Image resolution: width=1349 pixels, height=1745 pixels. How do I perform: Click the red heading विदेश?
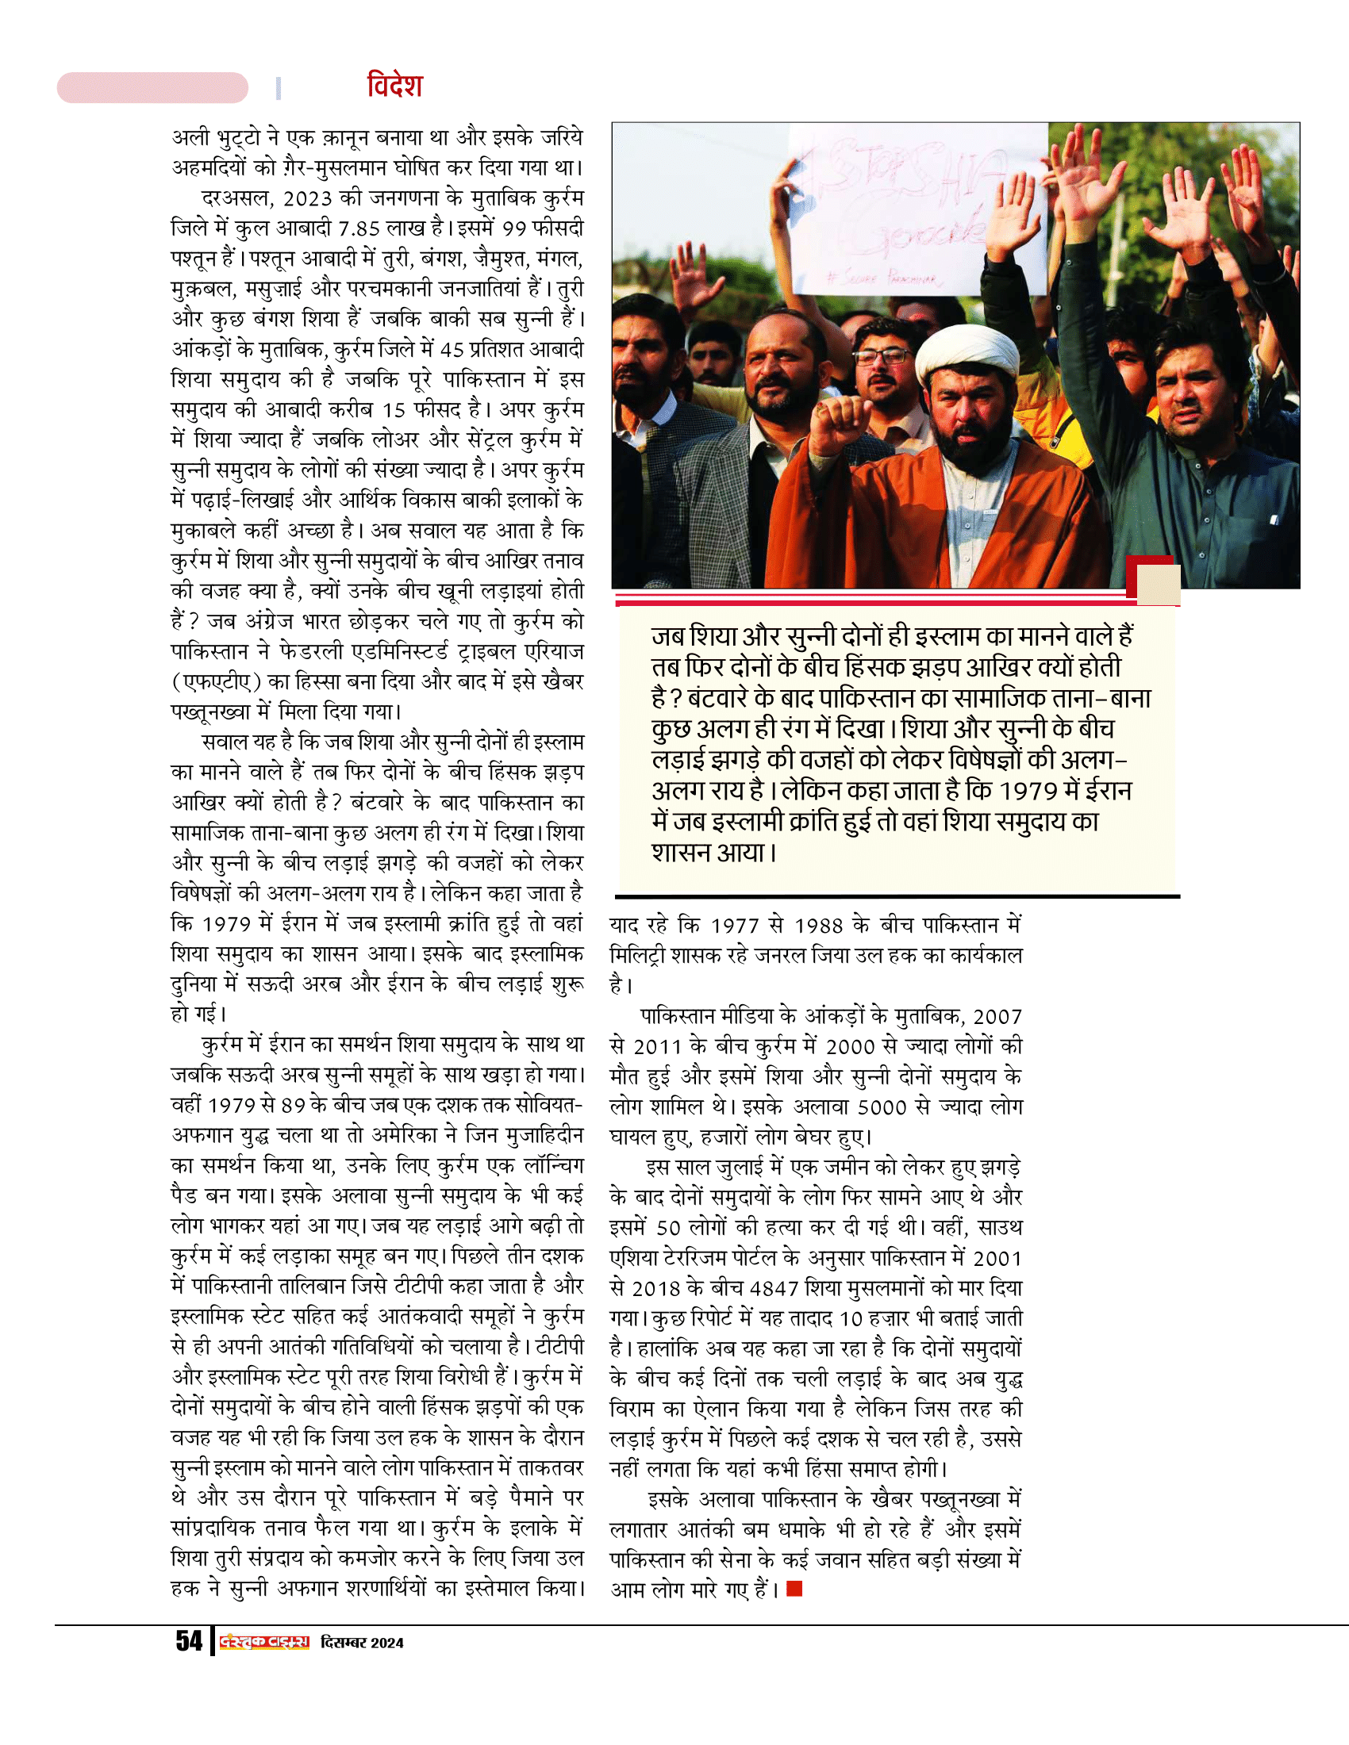pyautogui.click(x=394, y=85)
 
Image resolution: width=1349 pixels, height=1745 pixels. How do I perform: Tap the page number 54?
pyautogui.click(x=189, y=1641)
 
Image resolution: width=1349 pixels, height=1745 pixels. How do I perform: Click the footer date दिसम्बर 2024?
pyautogui.click(x=361, y=1643)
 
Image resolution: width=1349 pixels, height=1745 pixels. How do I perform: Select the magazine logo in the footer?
pyautogui.click(x=263, y=1642)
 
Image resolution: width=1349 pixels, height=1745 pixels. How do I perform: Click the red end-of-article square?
pyautogui.click(x=794, y=1590)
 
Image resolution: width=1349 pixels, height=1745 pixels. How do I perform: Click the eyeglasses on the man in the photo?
pyautogui.click(x=882, y=355)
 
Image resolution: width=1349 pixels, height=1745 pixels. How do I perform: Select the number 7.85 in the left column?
pyautogui.click(x=358, y=228)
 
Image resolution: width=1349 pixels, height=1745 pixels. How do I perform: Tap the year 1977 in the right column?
pyautogui.click(x=735, y=925)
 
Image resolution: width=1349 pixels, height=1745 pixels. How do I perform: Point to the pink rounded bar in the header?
pyautogui.click(x=152, y=87)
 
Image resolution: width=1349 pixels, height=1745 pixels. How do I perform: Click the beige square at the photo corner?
pyautogui.click(x=1158, y=584)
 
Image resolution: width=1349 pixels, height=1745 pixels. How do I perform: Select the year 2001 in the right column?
pyautogui.click(x=997, y=1258)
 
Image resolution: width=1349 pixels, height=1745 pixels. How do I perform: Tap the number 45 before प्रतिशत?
pyautogui.click(x=452, y=349)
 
